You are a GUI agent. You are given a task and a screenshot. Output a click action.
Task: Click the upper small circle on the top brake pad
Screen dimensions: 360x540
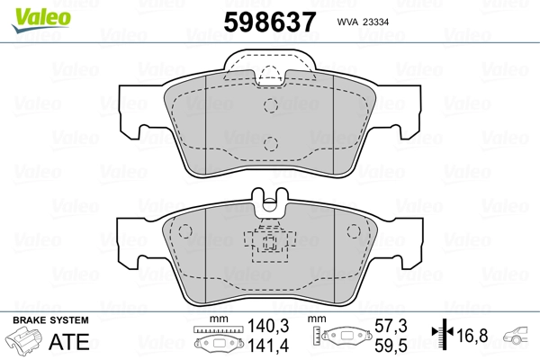coord(269,105)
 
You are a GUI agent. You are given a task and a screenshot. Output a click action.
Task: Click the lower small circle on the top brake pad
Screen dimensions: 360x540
coord(269,142)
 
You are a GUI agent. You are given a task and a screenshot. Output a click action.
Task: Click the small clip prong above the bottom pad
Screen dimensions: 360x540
coord(269,202)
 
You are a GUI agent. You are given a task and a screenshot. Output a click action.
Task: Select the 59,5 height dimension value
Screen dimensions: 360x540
coord(391,346)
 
